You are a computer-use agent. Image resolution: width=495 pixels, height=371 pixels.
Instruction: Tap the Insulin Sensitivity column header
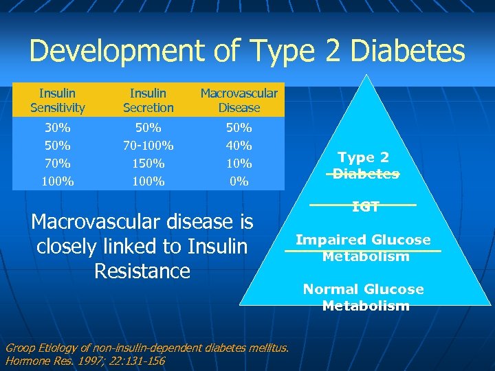(58, 100)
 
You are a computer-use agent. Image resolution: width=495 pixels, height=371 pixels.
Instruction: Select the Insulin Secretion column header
(148, 100)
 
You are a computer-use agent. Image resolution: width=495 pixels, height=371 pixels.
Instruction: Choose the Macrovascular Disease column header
(239, 100)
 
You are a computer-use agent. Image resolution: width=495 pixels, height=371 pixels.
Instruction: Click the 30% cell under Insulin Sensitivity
(58, 128)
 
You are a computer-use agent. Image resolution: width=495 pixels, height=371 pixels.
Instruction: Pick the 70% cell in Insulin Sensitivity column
(58, 164)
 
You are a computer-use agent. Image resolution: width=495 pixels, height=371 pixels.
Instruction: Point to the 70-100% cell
(148, 146)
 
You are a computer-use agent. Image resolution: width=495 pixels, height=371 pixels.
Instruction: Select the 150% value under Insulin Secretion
(148, 164)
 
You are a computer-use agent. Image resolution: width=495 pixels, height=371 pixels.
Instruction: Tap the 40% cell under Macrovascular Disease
(239, 146)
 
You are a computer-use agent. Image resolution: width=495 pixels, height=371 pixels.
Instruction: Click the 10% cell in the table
(239, 164)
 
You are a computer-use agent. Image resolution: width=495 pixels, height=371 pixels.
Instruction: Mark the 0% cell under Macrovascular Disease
(239, 181)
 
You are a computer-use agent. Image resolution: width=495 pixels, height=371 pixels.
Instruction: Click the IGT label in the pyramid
(366, 206)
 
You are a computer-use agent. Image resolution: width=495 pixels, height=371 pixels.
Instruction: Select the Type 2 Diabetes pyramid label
(366, 166)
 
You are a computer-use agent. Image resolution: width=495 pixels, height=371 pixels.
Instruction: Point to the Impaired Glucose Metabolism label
(363, 248)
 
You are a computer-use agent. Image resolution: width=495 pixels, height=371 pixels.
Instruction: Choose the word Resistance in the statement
(142, 271)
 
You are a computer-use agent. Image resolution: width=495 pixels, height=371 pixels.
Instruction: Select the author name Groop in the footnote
(21, 348)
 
